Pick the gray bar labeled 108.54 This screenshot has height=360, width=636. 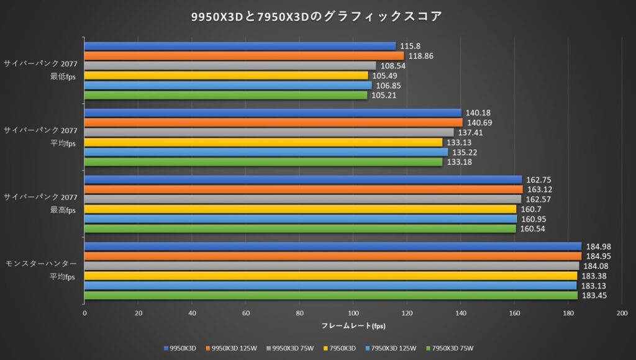pos(230,66)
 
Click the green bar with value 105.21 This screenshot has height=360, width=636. pos(225,96)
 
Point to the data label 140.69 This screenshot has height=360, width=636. pos(479,123)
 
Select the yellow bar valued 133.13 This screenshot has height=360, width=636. pos(263,143)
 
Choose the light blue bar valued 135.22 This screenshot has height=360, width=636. pos(266,152)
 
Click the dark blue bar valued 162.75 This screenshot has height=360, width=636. pos(302,179)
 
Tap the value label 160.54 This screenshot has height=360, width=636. pos(534,229)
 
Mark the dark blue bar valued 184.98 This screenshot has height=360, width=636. pos(332,246)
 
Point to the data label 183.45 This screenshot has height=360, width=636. pos(595,296)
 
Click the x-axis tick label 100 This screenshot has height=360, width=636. pos(353,313)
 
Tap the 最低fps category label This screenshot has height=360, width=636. pos(64,76)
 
